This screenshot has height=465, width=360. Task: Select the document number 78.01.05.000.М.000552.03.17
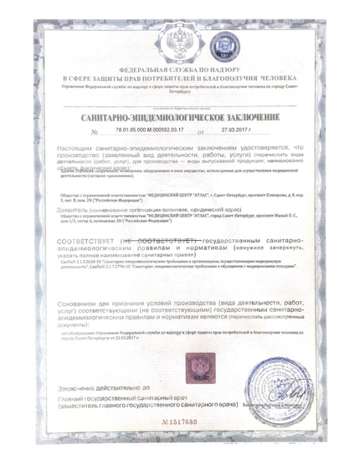(x=151, y=131)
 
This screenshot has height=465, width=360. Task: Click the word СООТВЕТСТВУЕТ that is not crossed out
(x=85, y=240)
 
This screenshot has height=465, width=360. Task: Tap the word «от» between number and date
(x=198, y=132)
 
